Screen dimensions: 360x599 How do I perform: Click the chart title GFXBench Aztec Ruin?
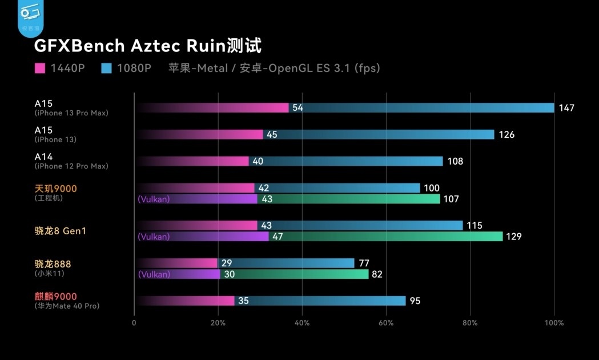(148, 46)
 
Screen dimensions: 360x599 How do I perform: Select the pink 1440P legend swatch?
(40, 69)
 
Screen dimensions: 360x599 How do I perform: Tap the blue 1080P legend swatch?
(106, 69)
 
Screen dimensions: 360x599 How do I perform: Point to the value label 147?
(566, 108)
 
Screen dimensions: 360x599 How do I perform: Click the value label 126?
(506, 135)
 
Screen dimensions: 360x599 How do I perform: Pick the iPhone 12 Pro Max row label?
(71, 166)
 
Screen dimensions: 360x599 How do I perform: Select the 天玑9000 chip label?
(55, 189)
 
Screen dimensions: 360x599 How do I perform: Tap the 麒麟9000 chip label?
(55, 297)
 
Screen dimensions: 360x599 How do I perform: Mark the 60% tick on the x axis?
(386, 323)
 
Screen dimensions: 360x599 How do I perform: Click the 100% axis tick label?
(554, 323)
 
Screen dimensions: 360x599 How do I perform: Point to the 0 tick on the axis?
(134, 323)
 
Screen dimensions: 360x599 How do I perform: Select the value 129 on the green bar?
(513, 237)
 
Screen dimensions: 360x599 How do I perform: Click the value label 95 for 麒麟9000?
(415, 301)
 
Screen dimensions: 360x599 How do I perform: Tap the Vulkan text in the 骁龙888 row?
(154, 274)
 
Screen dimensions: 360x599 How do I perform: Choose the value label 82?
(377, 274)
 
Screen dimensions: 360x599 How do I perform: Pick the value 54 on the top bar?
(298, 108)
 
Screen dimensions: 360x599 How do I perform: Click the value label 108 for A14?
(455, 162)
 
